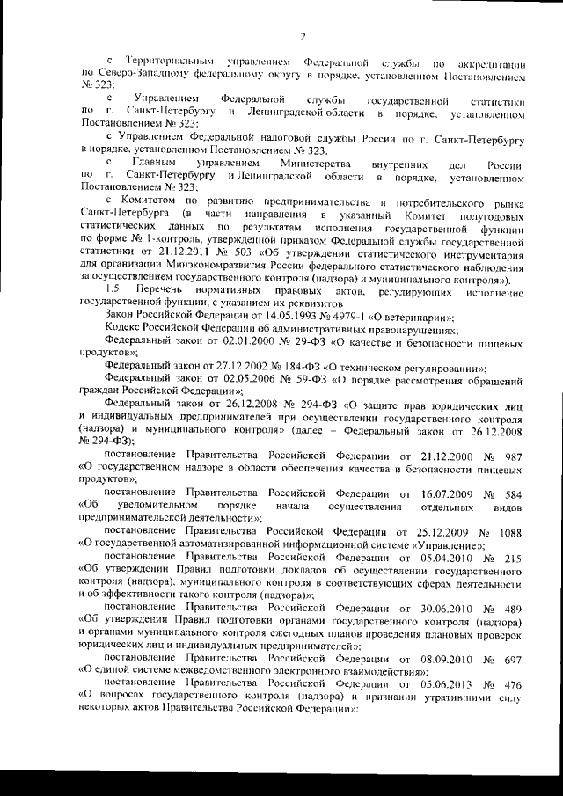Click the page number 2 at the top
click(302, 36)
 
